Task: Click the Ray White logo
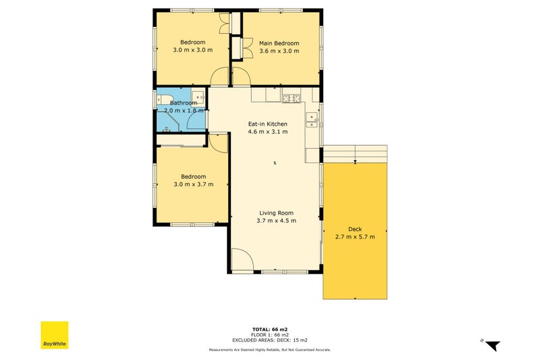point(55,334)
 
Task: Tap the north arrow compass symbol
point(492,344)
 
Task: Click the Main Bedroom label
point(279,43)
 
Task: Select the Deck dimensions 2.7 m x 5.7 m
point(355,236)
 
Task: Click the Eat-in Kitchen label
point(267,124)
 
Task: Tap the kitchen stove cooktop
point(291,99)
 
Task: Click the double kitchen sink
point(312,120)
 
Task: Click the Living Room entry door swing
point(242,260)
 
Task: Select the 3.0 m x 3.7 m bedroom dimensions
point(193,184)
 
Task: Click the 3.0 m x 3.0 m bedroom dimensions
point(192,50)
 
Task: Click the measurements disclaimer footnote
point(269,350)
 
